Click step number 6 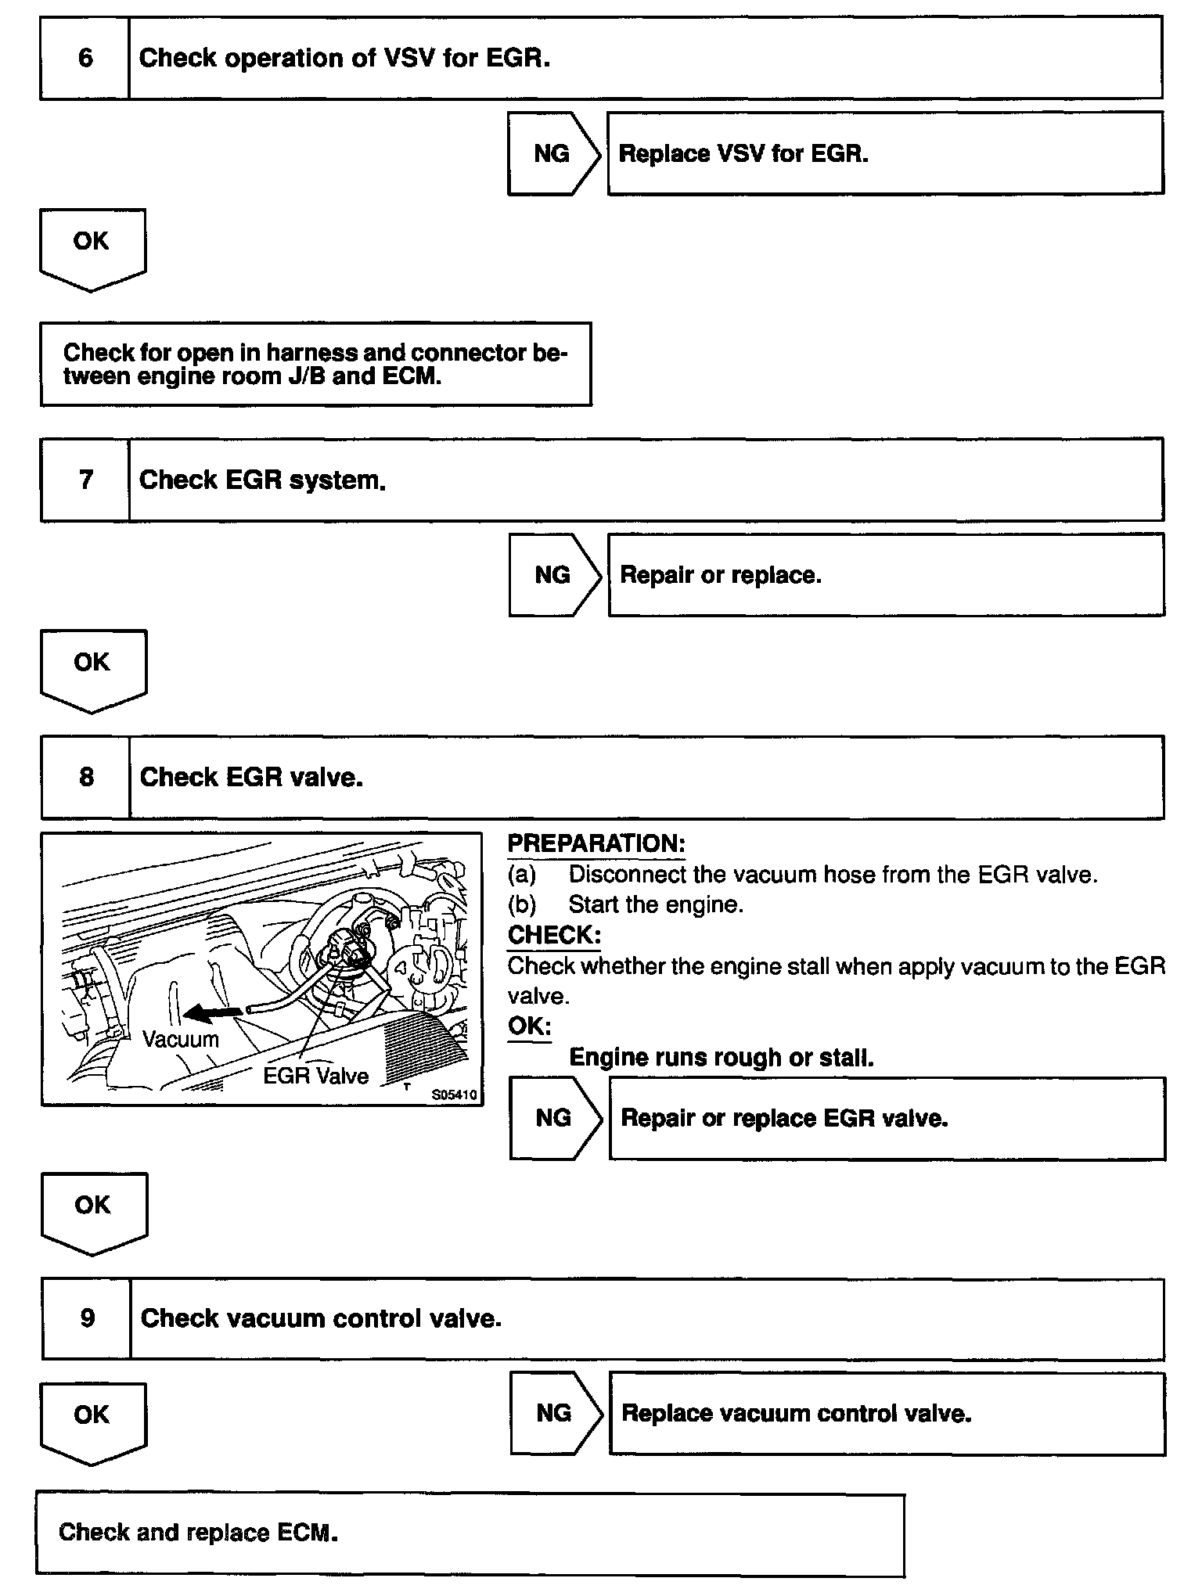85,58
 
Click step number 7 86,480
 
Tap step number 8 86,777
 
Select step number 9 87,1318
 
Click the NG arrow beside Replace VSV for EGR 552,153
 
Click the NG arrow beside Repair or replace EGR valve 554,1118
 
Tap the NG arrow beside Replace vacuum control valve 555,1413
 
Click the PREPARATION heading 596,843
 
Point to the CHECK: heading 554,935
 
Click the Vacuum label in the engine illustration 181,1039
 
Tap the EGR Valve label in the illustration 315,1076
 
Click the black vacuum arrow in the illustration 212,1014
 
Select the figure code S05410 454,1095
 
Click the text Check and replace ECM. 198,1532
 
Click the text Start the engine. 656,904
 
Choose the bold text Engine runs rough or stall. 721,1057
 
